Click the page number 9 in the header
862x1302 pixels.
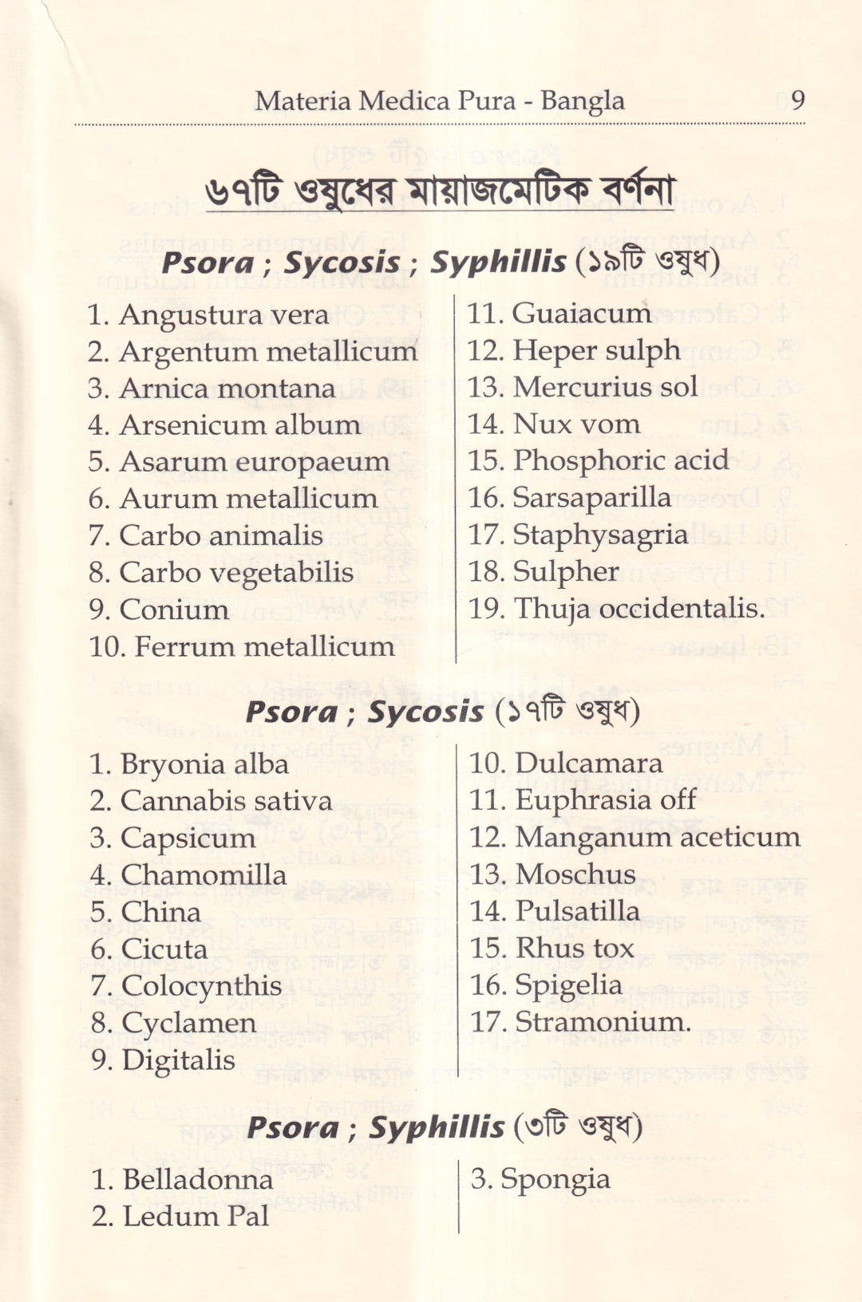pyautogui.click(x=797, y=101)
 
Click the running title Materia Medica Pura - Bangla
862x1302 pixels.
pyautogui.click(x=440, y=101)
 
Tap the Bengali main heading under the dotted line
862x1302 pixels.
pyautogui.click(x=440, y=191)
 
